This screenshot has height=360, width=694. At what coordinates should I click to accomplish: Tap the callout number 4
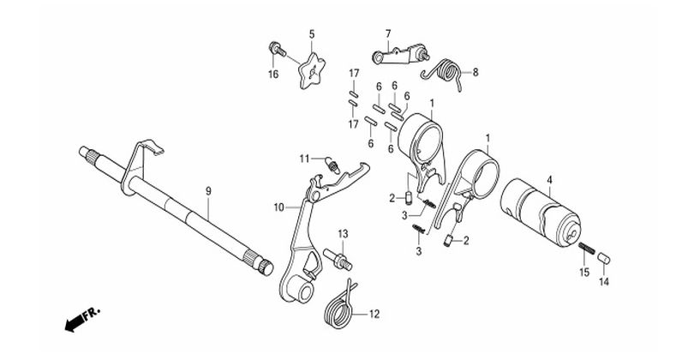[549, 180]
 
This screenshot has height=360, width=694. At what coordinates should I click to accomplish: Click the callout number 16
[274, 75]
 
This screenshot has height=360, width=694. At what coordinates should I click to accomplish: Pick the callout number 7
[387, 33]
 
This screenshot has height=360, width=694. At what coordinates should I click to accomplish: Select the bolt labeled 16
[276, 49]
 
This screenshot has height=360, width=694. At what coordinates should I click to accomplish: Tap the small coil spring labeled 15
[586, 250]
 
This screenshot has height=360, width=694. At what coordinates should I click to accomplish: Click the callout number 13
[342, 233]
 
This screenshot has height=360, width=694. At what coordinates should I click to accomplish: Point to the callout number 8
[476, 72]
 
